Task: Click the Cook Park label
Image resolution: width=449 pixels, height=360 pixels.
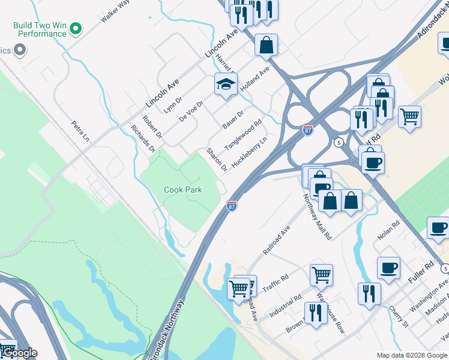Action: pos(183,190)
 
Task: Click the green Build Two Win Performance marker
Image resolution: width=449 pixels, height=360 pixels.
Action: pos(76,28)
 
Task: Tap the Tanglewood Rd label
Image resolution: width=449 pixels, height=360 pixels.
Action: pos(243,136)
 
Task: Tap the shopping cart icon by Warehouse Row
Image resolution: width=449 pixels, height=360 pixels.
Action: pos(321,275)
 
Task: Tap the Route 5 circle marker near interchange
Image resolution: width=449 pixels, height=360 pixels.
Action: pos(339,142)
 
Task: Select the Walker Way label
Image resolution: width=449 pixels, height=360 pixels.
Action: pos(115,11)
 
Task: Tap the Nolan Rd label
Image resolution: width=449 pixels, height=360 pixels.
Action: pos(385,234)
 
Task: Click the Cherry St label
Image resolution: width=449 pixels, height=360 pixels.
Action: pos(398,315)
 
